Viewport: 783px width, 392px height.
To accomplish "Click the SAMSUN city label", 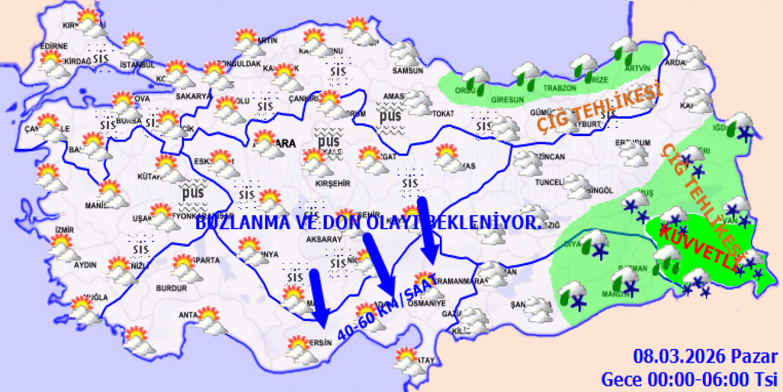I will pyautogui.click(x=408, y=70).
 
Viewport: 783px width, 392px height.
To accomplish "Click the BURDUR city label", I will pyautogui.click(x=171, y=288).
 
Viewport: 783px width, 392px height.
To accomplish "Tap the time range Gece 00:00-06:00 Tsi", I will pyautogui.click(x=689, y=378).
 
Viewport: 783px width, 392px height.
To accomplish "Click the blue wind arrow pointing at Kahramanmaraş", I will pyautogui.click(x=428, y=230).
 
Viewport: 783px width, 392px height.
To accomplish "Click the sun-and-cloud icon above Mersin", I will pyautogui.click(x=299, y=347).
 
